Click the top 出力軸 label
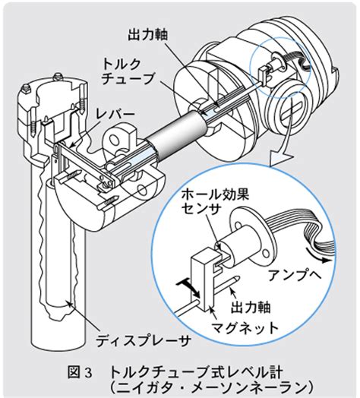coord(147,34)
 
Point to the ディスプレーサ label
coord(143,340)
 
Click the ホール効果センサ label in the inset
coord(214,202)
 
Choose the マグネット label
coord(245,328)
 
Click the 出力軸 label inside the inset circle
coord(251,307)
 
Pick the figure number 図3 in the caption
coord(80,373)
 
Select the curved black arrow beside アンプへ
coord(319,255)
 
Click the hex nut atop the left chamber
coord(58,76)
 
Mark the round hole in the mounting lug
coord(115,137)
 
